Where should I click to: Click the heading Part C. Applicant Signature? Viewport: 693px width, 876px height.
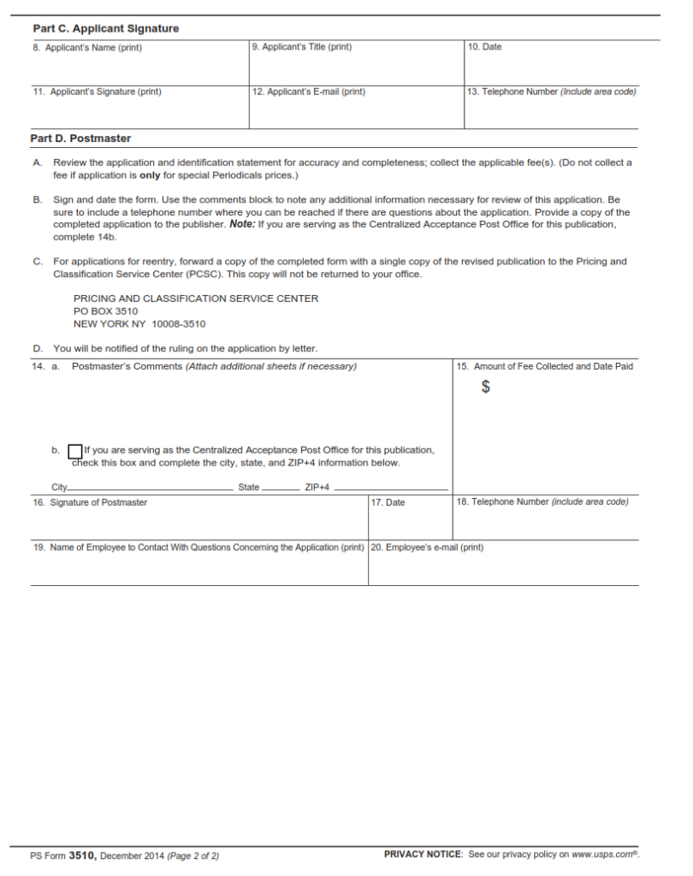(x=105, y=28)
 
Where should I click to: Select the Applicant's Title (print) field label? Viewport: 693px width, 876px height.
(x=302, y=47)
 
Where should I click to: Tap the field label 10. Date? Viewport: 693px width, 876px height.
(x=484, y=47)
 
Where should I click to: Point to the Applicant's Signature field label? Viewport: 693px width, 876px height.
(x=97, y=92)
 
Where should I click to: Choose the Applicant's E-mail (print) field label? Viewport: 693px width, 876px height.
(x=309, y=92)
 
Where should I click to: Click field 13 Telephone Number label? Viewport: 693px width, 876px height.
(x=551, y=92)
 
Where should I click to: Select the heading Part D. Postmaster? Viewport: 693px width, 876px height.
(x=81, y=138)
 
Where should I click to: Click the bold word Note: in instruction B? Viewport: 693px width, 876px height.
(x=242, y=224)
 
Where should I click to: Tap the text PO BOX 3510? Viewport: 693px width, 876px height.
(x=105, y=311)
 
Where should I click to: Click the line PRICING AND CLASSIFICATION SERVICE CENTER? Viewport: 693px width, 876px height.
(x=196, y=299)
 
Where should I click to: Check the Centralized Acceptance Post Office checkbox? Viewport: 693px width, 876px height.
(x=75, y=451)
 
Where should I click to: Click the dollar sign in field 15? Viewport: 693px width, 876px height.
(x=486, y=388)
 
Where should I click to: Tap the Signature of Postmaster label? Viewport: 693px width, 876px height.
(x=90, y=502)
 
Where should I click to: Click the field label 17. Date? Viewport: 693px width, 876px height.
(x=388, y=502)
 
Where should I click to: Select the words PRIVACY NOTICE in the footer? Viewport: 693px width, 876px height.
(x=423, y=854)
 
